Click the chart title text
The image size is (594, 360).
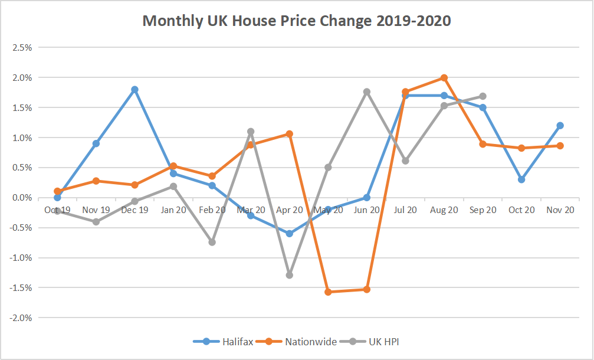pos(297,21)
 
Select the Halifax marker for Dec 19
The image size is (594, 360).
pos(134,89)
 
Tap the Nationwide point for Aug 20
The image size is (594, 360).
pos(444,77)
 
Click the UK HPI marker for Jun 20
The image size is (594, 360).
pos(366,91)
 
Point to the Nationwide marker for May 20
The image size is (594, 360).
pos(328,292)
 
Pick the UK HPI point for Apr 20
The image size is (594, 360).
pos(289,275)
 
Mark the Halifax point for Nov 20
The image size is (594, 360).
pos(560,125)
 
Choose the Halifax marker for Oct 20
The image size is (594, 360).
pos(521,179)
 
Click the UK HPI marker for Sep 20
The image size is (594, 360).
pos(483,96)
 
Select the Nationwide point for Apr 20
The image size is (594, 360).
pos(289,134)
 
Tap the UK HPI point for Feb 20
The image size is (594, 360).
pos(212,242)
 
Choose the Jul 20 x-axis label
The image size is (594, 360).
pos(405,210)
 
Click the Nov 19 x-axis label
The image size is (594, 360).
pos(96,210)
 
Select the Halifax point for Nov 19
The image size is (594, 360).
pos(96,143)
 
